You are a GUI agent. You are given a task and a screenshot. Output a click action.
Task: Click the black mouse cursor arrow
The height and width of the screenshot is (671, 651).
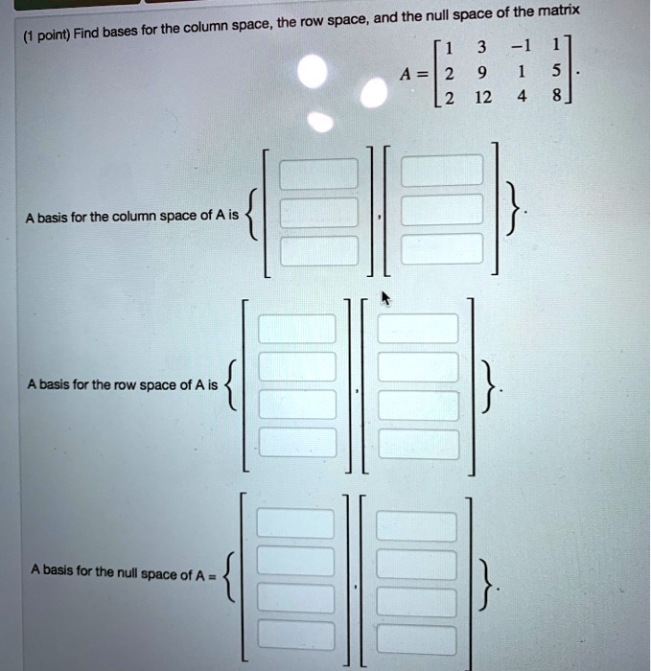(385, 298)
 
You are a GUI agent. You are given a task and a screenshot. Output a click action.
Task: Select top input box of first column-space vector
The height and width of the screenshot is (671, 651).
(318, 173)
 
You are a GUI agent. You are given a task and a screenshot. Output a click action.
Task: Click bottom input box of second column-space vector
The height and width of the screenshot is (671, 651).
(441, 246)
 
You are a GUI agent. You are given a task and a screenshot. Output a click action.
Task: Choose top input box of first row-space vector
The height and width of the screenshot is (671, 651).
(297, 330)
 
